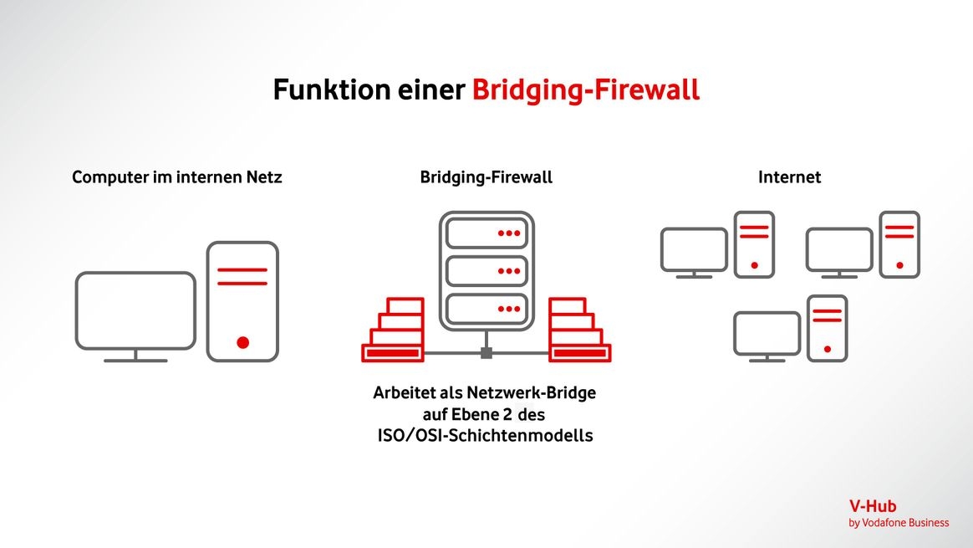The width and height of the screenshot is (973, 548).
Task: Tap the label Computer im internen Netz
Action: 177,177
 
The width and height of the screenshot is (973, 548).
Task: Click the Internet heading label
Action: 789,177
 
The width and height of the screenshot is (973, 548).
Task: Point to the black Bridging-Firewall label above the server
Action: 486,177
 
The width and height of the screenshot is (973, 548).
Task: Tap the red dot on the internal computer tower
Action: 242,342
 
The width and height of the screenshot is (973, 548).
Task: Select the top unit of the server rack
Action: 486,233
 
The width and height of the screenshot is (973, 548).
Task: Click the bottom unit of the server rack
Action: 486,309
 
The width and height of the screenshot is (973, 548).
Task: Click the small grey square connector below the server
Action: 486,353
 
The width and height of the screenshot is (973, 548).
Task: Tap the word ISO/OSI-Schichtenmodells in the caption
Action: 485,435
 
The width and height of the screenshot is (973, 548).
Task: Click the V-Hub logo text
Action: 872,507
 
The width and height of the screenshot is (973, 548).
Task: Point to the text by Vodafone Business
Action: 899,523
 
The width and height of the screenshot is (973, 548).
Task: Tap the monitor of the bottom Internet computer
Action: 767,333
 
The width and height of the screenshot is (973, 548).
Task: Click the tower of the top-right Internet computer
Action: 899,244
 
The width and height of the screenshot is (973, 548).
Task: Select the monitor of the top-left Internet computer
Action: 694,249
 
